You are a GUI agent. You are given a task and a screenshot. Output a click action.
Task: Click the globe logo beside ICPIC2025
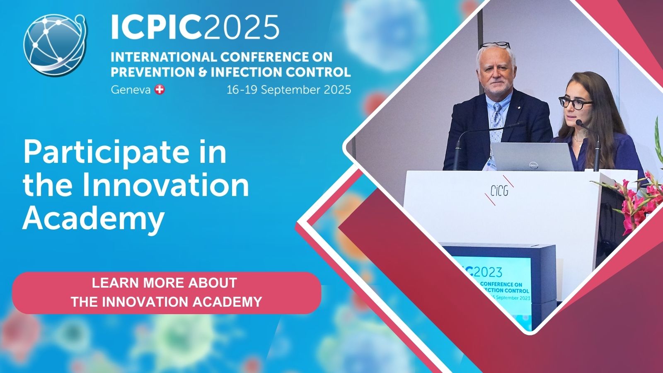coord(55,45)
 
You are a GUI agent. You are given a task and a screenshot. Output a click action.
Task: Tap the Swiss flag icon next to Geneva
coord(160,90)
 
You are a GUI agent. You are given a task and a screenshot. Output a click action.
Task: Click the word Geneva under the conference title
coord(131,90)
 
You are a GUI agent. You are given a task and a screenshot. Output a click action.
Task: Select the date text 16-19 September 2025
coord(288,90)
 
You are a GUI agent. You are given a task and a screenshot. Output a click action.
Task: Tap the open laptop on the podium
coord(532,157)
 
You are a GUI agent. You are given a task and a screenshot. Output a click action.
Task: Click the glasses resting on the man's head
coord(495,45)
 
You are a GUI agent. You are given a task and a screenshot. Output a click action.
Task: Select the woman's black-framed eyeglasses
coord(576,102)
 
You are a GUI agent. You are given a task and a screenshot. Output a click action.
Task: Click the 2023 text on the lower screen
coord(488,272)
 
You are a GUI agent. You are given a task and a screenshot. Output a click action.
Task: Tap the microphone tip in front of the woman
coord(579,123)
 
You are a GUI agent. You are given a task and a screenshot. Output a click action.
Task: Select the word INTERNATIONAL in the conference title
coord(164,57)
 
